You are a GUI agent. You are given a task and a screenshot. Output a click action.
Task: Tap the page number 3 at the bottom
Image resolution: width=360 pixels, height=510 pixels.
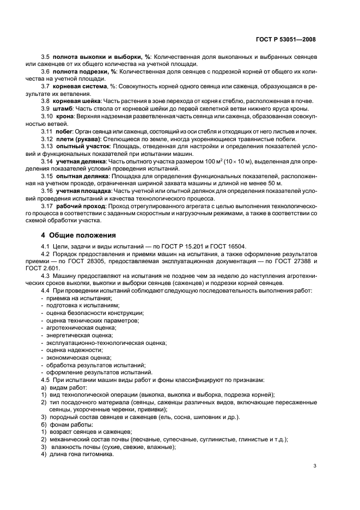314,466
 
